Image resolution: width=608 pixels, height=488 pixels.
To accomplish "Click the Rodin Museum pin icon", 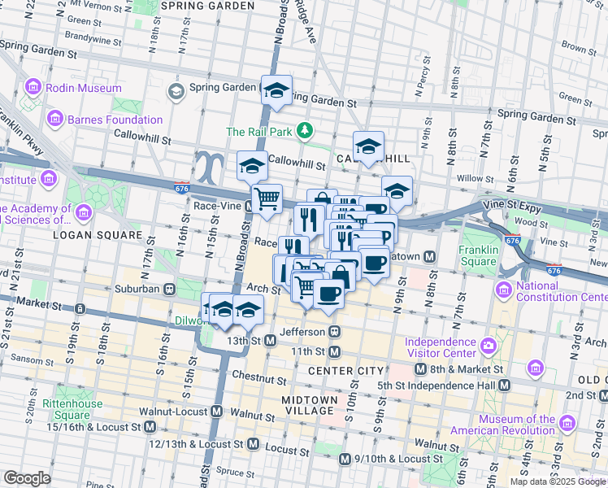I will tap(33, 87).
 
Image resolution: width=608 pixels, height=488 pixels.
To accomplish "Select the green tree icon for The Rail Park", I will tap(305, 131).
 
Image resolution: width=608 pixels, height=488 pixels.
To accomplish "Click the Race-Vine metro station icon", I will tap(250, 207).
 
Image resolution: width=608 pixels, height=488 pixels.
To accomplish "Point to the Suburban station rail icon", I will tap(170, 288).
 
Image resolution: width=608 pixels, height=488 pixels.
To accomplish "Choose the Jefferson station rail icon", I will tap(333, 332).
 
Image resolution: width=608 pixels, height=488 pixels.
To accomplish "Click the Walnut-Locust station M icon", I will tap(216, 412).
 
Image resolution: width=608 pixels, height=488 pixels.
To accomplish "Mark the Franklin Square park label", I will tap(477, 256).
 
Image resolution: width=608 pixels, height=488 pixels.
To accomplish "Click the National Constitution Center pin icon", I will tap(503, 290).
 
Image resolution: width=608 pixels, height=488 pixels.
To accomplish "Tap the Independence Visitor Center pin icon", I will tap(488, 347).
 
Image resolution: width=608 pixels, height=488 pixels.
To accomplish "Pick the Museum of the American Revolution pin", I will tap(568, 425).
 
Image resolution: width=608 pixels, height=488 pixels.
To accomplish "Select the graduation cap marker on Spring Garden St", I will tap(276, 93).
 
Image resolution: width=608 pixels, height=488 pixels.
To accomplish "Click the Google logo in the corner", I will tap(27, 477).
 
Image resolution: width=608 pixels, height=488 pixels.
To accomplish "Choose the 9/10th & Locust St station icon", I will tap(345, 460).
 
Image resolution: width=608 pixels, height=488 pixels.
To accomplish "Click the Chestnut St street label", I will tap(259, 380).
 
